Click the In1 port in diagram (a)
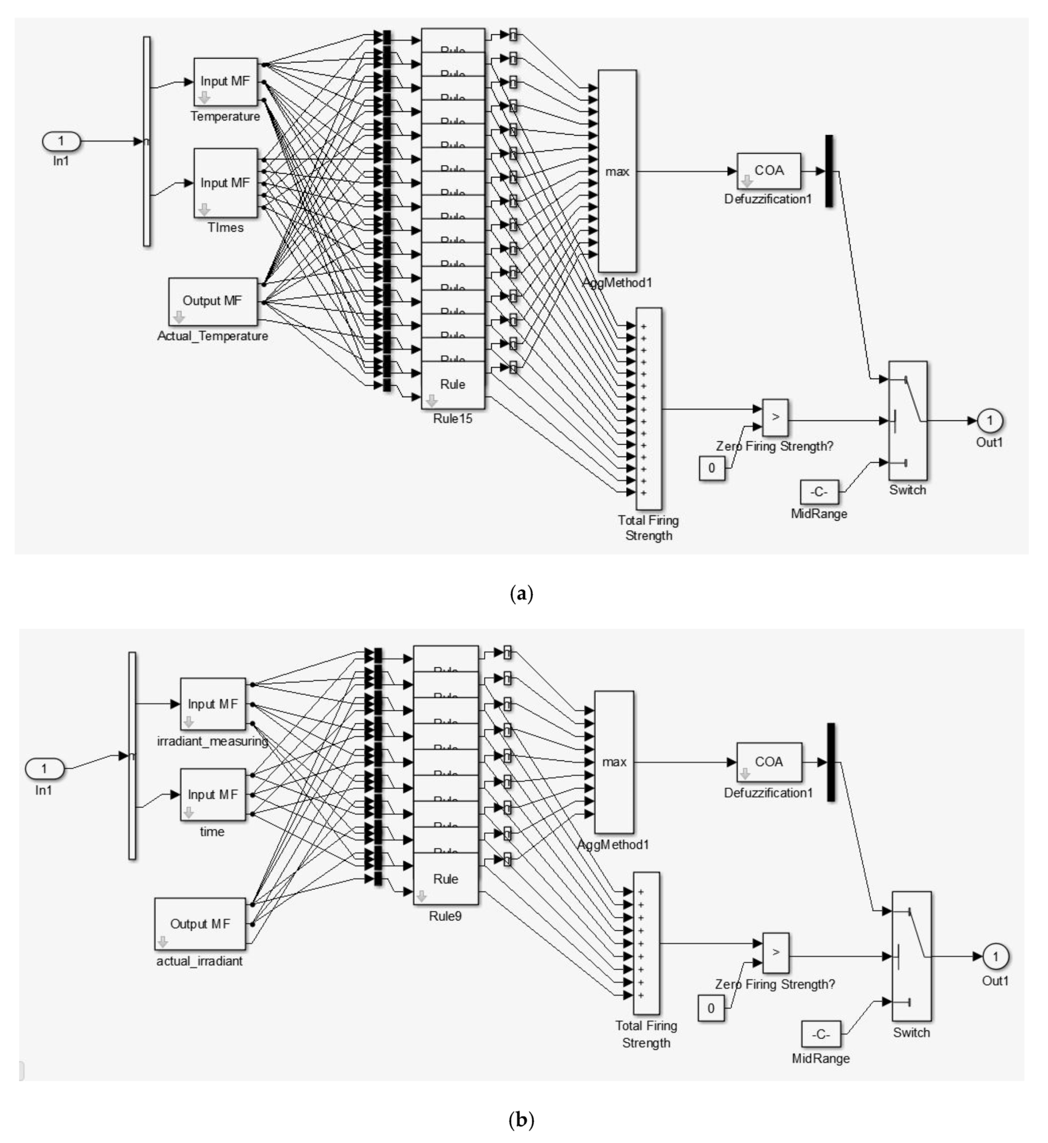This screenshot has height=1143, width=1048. (61, 141)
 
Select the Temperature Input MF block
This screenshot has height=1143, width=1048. (226, 82)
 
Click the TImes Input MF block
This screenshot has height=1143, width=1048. (226, 183)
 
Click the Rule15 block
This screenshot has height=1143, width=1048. (452, 385)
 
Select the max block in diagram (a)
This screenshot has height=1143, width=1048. (617, 171)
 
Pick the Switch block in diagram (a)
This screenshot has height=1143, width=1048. (907, 420)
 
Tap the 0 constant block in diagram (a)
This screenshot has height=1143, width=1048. (712, 468)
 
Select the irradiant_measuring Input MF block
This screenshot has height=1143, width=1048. (213, 703)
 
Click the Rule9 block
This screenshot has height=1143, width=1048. (446, 879)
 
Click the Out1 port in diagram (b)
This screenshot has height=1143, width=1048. (995, 956)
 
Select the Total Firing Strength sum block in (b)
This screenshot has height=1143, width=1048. (646, 943)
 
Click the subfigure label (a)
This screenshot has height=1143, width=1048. (522, 594)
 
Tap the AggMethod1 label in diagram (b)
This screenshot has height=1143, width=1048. (613, 845)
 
